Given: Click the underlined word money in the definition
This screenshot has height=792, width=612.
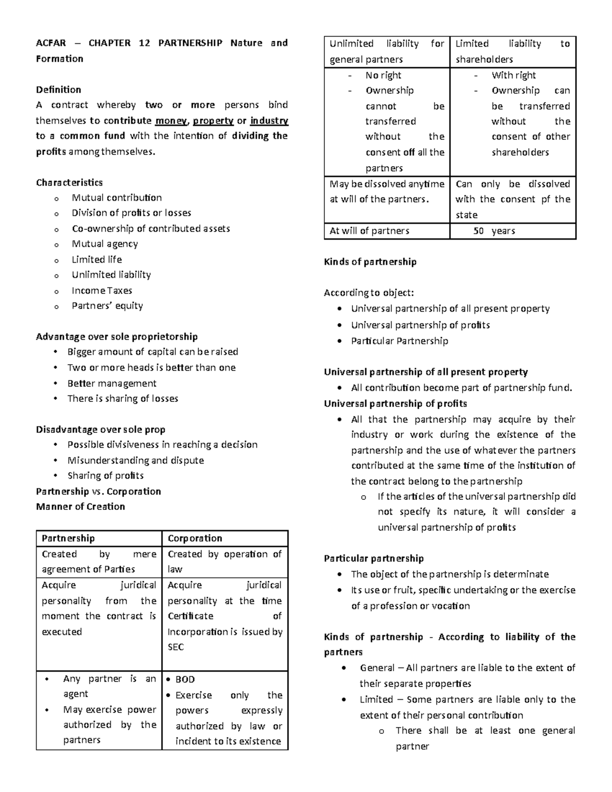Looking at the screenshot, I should (171, 121).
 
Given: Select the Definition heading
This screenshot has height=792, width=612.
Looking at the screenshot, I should (58, 90).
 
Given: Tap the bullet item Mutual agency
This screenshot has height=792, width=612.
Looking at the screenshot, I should (105, 244).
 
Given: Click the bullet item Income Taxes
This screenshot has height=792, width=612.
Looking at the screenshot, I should (101, 291).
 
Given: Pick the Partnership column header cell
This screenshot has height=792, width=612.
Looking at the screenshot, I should (68, 539).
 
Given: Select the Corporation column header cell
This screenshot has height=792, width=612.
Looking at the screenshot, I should (195, 539).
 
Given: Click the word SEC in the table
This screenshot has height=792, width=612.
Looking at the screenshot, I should (175, 647).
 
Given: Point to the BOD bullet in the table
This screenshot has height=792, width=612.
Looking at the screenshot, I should (185, 679).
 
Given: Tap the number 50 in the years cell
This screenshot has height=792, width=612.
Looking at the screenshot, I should (478, 231).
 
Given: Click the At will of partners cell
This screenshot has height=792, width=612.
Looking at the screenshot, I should (369, 231).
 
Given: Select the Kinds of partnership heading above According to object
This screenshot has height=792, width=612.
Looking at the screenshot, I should (370, 262).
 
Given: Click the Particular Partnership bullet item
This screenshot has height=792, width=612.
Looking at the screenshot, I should (399, 341).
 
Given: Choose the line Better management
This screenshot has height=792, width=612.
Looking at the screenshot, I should (112, 384).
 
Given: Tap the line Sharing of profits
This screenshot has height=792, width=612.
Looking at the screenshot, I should (105, 476).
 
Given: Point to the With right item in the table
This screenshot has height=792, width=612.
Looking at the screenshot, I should (513, 75).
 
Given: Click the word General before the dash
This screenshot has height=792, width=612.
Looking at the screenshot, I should (377, 668).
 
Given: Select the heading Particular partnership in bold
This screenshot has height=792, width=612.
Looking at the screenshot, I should (373, 558).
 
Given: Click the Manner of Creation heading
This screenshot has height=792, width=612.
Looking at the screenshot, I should (80, 507).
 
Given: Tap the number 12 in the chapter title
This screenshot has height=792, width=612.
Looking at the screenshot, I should (144, 43).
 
